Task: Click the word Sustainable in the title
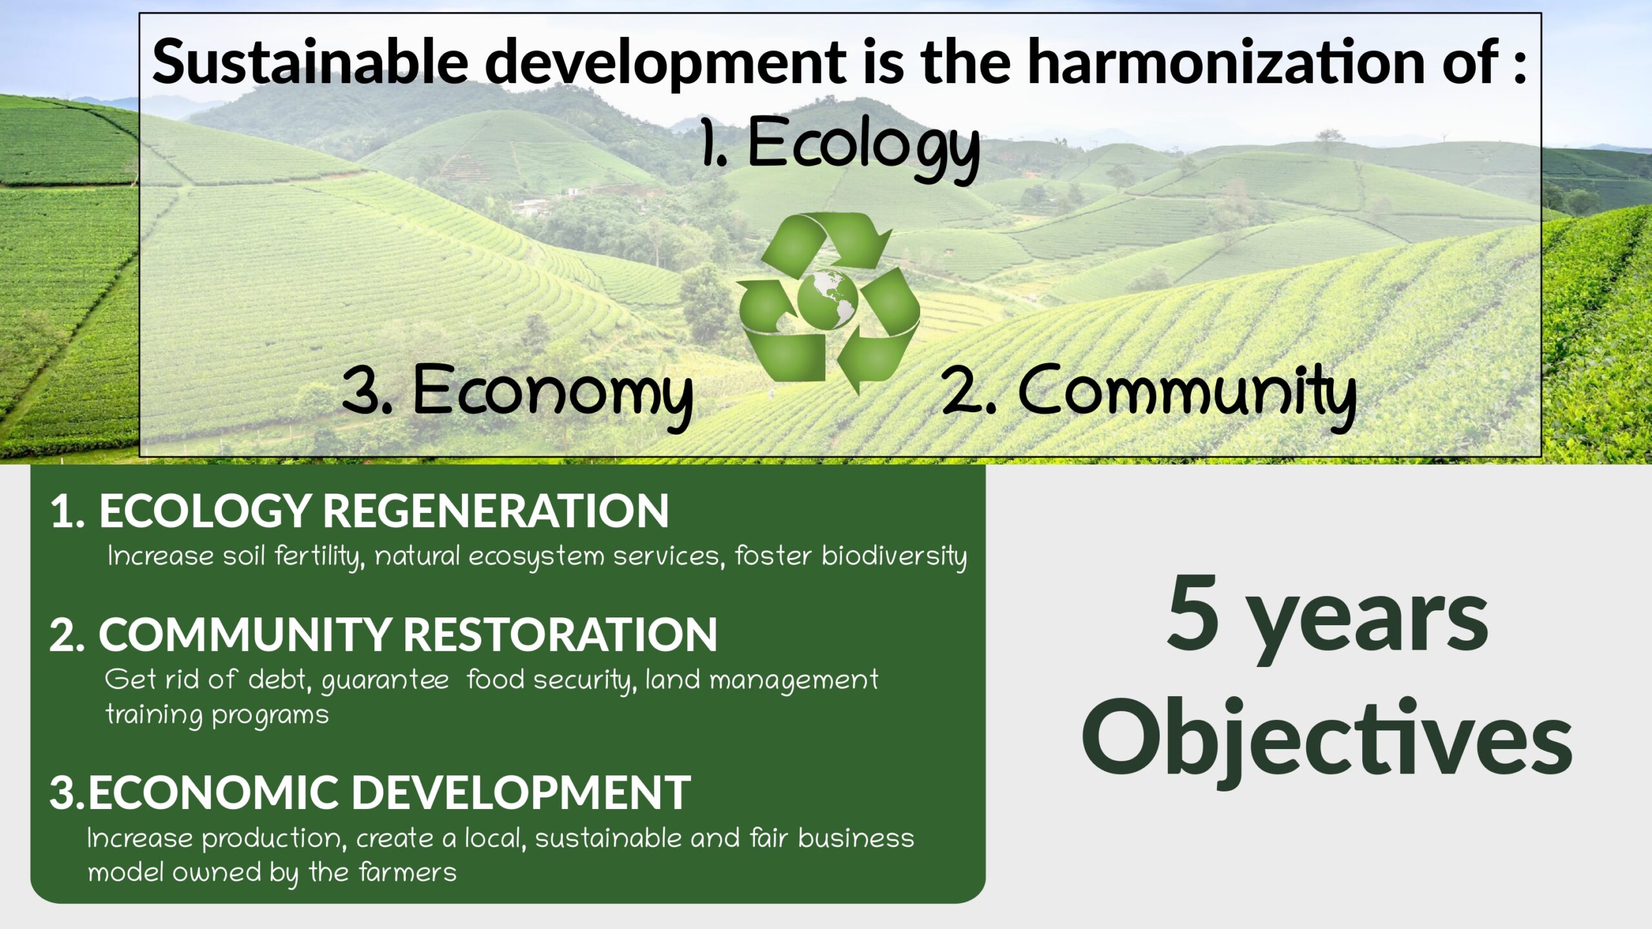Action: (x=310, y=62)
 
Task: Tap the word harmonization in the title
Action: (x=1226, y=62)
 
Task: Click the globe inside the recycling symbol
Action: (x=828, y=299)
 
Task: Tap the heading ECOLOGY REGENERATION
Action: (x=384, y=511)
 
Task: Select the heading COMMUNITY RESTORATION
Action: (x=408, y=634)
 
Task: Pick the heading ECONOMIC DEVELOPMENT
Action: (x=389, y=792)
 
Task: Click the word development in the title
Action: (x=665, y=63)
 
